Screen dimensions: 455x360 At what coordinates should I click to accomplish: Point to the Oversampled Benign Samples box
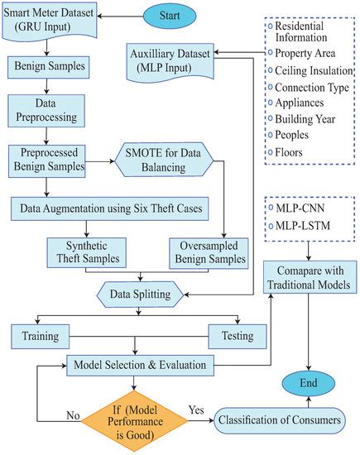[x=209, y=252]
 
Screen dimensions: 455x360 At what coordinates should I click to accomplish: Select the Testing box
[x=238, y=336]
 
